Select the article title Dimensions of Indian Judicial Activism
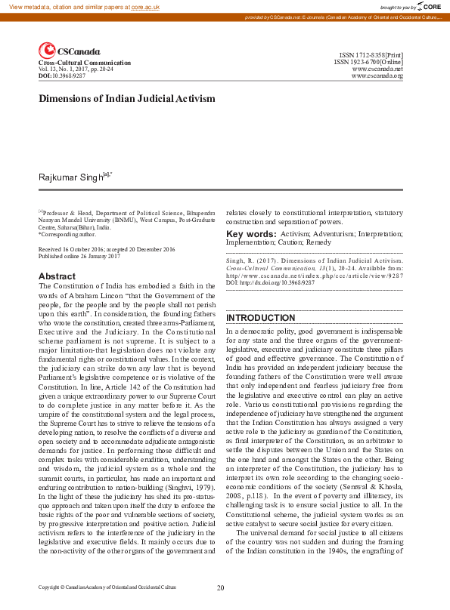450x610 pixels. (127, 98)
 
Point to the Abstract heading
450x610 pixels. (57, 276)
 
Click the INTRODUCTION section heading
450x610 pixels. (260, 318)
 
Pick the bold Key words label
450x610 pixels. (251, 235)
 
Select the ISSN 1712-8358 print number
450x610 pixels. (371, 55)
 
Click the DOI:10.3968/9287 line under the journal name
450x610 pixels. (62, 76)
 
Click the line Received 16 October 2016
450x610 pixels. (107, 248)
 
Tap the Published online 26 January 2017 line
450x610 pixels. (79, 256)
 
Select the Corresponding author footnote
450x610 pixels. (67, 234)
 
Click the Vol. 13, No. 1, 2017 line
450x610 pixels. (77, 69)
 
